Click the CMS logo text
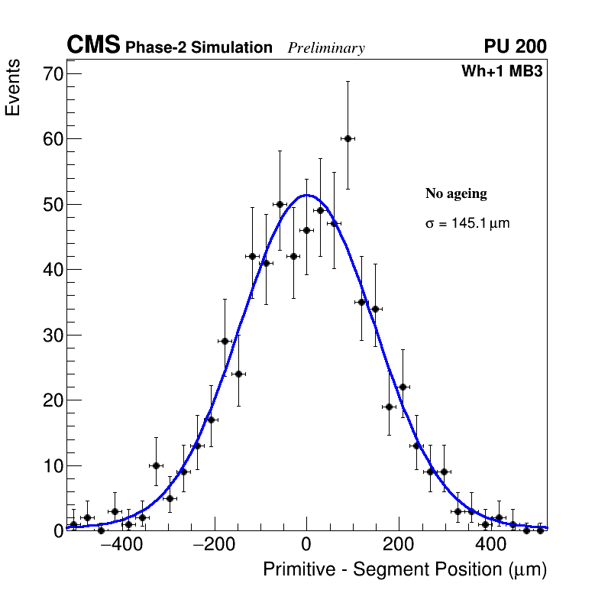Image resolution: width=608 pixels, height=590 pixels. [x=93, y=46]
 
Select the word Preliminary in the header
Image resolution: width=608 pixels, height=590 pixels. [x=326, y=48]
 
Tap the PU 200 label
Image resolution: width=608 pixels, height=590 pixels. [x=515, y=47]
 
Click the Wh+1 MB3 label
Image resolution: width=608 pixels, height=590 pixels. [x=502, y=72]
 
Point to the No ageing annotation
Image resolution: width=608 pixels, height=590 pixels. [x=456, y=194]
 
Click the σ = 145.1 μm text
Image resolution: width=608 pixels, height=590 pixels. [x=467, y=224]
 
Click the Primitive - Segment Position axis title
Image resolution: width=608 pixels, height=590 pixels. [x=405, y=570]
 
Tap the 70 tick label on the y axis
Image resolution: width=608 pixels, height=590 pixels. [x=53, y=74]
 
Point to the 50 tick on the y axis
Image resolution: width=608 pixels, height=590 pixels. [x=53, y=205]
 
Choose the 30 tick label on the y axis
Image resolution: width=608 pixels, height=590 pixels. [x=53, y=336]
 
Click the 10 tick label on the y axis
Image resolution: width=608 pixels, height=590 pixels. [x=53, y=466]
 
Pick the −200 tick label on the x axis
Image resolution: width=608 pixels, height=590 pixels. [x=215, y=546]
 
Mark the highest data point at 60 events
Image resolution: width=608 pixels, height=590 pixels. [x=348, y=138]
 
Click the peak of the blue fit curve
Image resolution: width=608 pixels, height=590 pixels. [x=306, y=195]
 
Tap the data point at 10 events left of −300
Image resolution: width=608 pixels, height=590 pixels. [x=156, y=465]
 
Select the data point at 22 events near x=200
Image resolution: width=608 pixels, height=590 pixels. [x=403, y=387]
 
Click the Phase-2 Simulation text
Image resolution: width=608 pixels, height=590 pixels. [x=199, y=48]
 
